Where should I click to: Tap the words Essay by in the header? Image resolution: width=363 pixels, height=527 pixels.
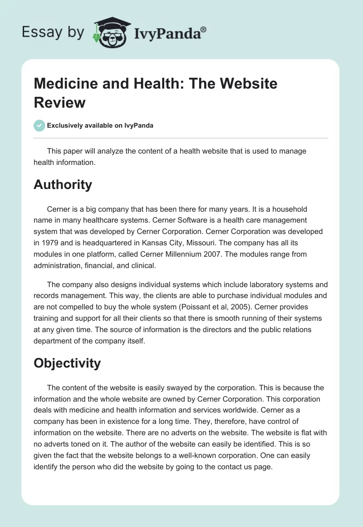pos(54,32)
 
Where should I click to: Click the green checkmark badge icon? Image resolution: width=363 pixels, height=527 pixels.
pos(39,125)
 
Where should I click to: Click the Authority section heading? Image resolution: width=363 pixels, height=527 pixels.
pos(63,184)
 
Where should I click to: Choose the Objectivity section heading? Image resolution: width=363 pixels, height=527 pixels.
pos(67,363)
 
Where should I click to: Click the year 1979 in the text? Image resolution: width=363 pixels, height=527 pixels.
pos(47,243)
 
